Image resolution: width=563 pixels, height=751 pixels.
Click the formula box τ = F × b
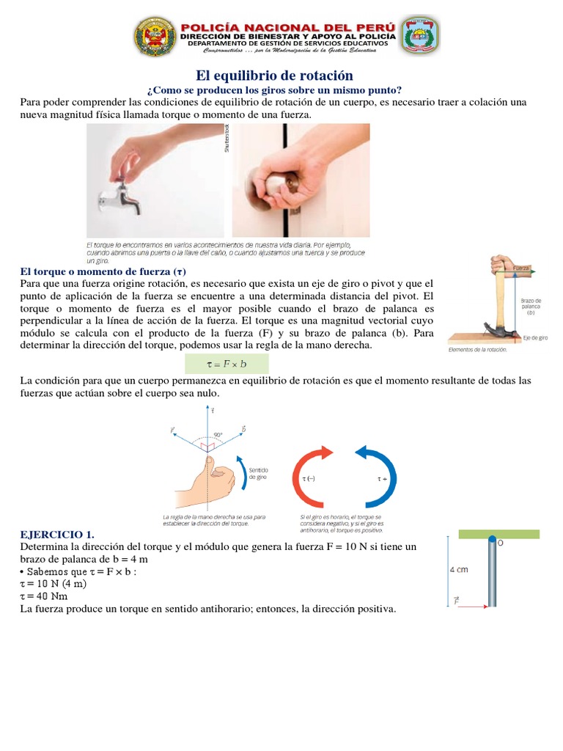tap(226, 364)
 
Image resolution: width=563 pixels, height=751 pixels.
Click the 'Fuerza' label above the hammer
tap(522, 269)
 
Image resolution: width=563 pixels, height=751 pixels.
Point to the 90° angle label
tap(218, 434)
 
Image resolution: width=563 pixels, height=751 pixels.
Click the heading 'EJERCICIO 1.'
tap(58, 534)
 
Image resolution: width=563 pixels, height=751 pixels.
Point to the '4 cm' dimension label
tap(460, 568)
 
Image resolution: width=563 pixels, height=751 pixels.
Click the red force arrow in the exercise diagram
tap(473, 606)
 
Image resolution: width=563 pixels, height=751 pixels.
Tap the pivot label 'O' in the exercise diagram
tap(501, 543)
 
